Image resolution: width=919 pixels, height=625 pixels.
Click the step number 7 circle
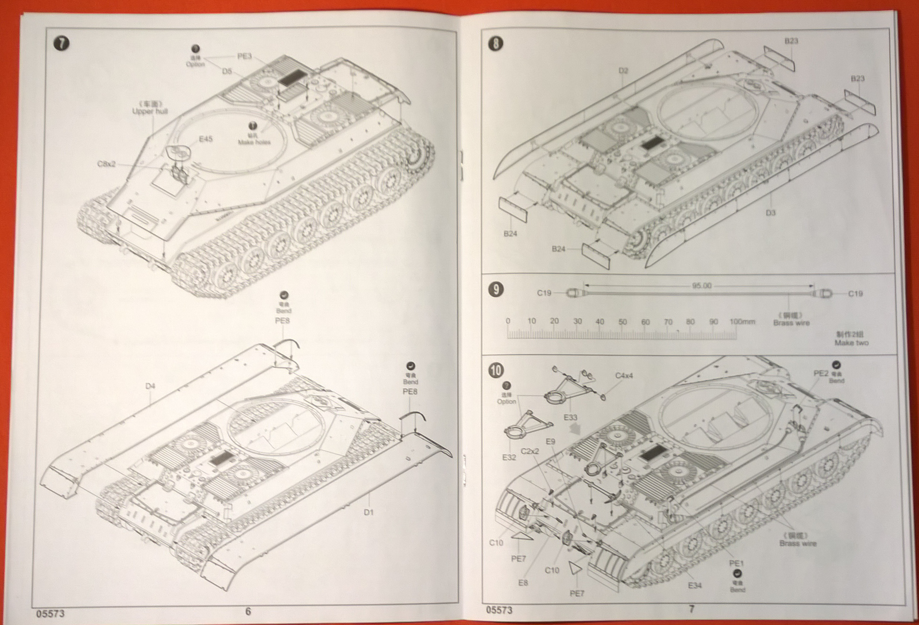coord(61,44)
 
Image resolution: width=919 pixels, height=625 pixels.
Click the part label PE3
coord(245,56)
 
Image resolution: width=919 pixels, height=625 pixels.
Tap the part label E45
coord(206,139)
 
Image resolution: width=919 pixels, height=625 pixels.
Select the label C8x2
coord(106,164)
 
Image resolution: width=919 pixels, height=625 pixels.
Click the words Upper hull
coord(150,111)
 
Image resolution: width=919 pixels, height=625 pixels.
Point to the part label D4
coord(150,386)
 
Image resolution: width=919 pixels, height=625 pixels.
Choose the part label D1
coord(368,512)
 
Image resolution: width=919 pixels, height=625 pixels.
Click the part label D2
coord(624,71)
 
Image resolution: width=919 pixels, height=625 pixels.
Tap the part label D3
coord(771,213)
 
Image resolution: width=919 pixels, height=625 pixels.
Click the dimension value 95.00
coord(701,286)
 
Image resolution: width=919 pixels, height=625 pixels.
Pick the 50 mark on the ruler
coord(623,322)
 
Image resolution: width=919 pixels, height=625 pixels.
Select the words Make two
coord(851,343)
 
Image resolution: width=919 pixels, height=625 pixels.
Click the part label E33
coord(570,418)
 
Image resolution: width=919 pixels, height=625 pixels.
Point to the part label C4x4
coord(624,376)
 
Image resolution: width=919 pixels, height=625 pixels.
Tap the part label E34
coord(695,585)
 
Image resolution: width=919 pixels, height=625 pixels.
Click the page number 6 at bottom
coord(248,611)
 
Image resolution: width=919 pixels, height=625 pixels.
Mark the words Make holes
coord(254,142)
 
